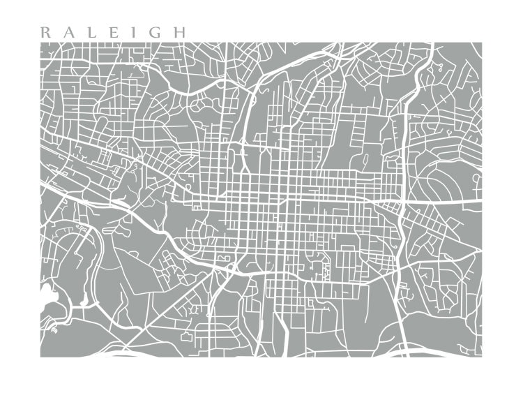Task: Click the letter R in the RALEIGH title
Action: (45, 32)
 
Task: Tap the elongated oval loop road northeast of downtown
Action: (363, 162)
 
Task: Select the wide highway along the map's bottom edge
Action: (279, 353)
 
